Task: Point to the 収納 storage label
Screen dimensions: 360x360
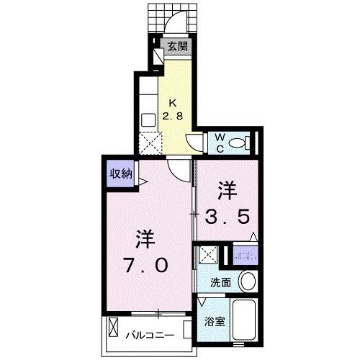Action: click(120, 173)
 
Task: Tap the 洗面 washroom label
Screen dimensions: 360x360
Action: click(221, 282)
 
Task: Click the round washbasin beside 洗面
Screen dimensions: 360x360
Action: click(248, 282)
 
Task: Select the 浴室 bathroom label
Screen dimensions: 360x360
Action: click(215, 322)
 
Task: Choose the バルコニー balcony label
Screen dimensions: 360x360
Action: click(152, 335)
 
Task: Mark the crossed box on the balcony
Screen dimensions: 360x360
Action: click(115, 330)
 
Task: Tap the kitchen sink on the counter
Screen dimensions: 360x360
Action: click(149, 120)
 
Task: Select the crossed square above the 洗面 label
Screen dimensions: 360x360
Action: click(209, 254)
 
